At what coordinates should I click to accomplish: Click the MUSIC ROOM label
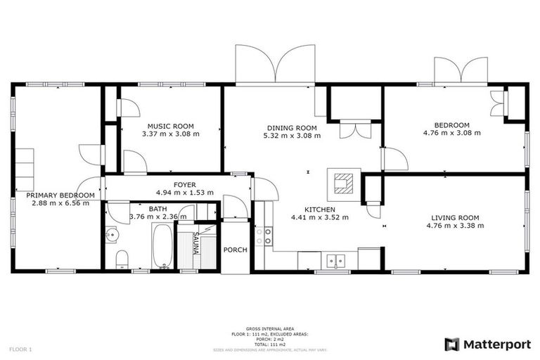click(170, 124)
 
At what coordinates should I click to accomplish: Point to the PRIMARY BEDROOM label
click(60, 195)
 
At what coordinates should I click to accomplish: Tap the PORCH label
click(234, 250)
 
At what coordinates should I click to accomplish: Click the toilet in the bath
click(121, 259)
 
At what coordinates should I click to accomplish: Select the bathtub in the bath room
click(162, 247)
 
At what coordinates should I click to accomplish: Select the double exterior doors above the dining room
click(276, 65)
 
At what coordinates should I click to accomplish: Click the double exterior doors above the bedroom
click(461, 70)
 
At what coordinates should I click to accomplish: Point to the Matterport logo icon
click(452, 344)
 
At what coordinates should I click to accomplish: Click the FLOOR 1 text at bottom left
click(20, 349)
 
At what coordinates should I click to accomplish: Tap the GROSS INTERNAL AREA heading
click(269, 328)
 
